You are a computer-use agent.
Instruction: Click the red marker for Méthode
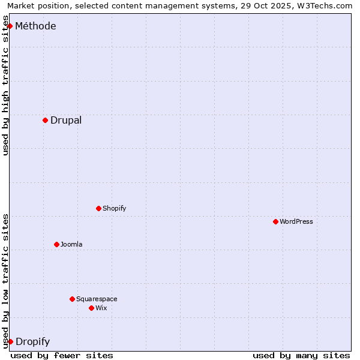pyautogui.click(x=10, y=26)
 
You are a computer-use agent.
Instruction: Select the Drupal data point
pyautogui.click(x=45, y=120)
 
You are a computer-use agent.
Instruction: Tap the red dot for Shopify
pyautogui.click(x=98, y=208)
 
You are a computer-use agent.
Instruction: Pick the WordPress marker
pyautogui.click(x=275, y=221)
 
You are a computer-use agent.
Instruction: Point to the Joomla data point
pyautogui.click(x=56, y=244)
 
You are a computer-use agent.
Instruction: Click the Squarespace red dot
pyautogui.click(x=72, y=299)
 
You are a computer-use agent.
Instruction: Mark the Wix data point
pyautogui.click(x=91, y=308)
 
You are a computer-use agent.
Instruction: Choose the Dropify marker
pyautogui.click(x=10, y=341)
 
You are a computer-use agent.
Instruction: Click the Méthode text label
pyautogui.click(x=35, y=26)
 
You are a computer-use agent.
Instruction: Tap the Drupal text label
pyautogui.click(x=66, y=120)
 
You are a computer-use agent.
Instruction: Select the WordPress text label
pyautogui.click(x=296, y=221)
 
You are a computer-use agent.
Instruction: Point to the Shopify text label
pyautogui.click(x=114, y=208)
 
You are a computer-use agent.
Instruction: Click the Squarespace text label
pyautogui.click(x=97, y=299)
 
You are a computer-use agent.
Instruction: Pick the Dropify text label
pyautogui.click(x=32, y=342)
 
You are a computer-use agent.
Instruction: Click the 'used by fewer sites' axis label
pyautogui.click(x=62, y=355)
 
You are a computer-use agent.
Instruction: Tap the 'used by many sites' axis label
pyautogui.click(x=301, y=355)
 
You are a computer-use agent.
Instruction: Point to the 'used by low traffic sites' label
pyautogui.click(x=6, y=280)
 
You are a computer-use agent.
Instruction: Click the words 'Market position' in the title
pyautogui.click(x=35, y=6)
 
